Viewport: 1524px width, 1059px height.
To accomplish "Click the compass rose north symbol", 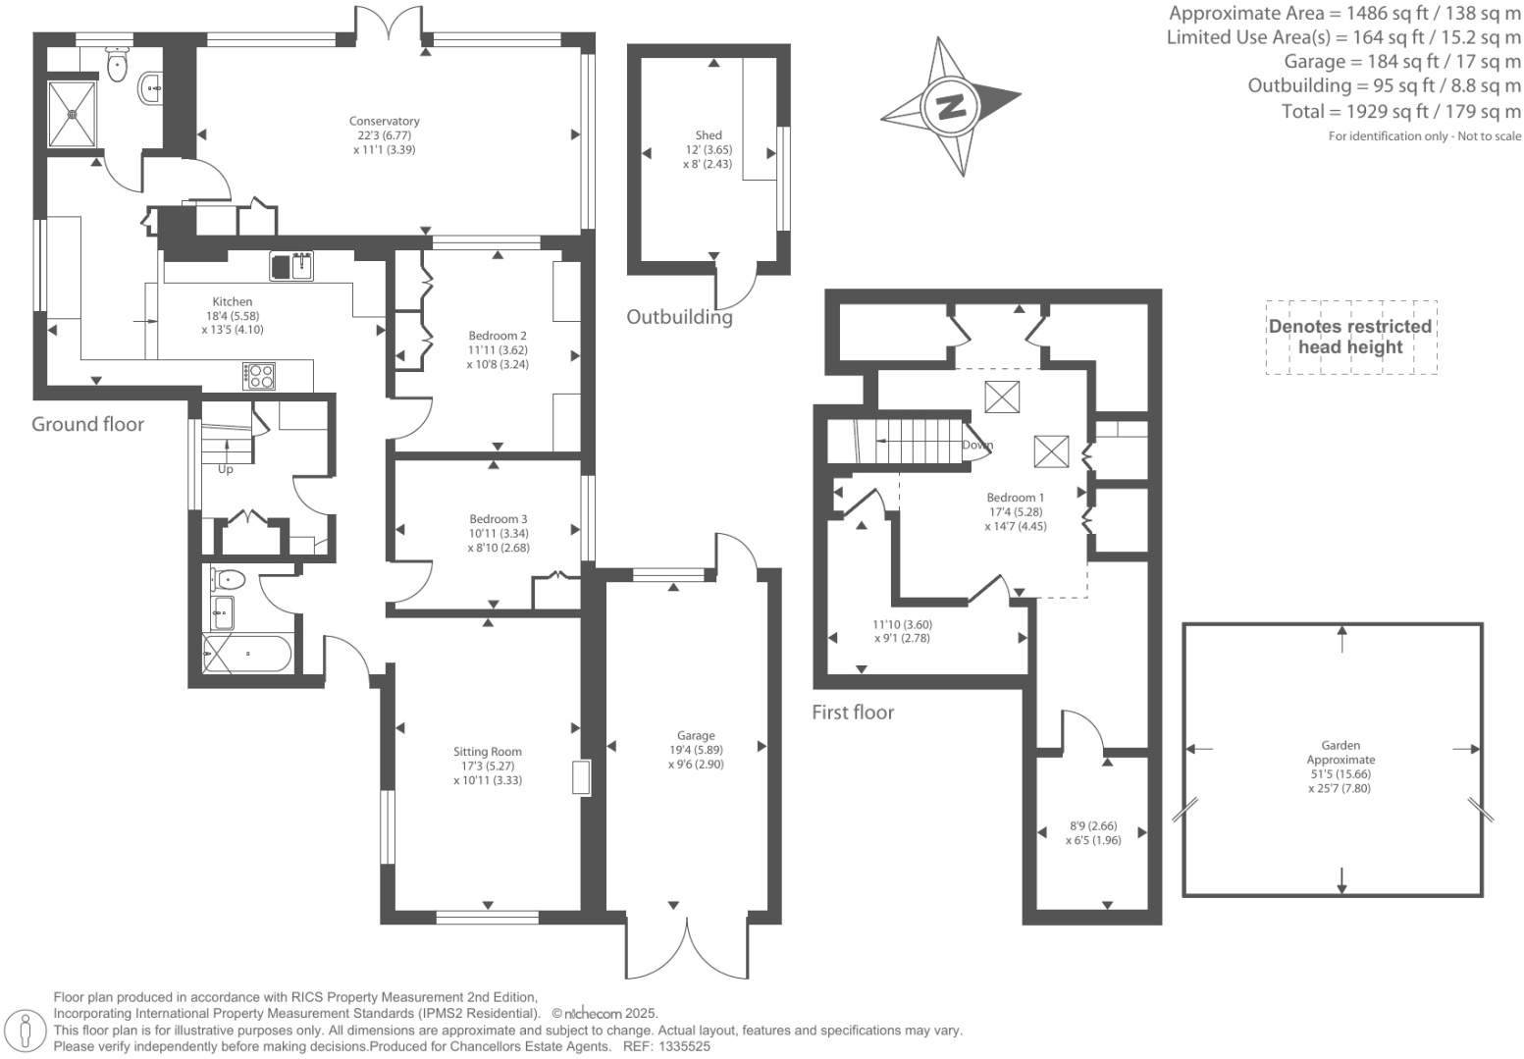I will coord(951,105).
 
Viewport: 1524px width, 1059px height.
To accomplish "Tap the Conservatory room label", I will coord(384,122).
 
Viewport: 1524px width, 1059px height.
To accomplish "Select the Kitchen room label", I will coord(233,302).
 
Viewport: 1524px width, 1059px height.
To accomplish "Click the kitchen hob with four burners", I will coord(259,376).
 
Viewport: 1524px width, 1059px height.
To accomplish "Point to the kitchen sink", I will coord(291,266).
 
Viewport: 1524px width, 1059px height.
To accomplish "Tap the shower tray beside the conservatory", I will coord(73,113).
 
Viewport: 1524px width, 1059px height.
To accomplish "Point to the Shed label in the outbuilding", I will coord(709,135).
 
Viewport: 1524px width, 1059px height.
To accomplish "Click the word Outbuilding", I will coord(679,317).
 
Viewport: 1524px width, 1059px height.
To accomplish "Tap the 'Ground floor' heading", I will coord(87,424).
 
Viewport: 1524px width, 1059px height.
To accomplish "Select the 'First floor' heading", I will coord(852,713).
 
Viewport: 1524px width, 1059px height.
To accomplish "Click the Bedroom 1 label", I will coord(1016,498).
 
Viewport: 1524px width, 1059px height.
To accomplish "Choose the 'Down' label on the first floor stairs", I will coord(977,445).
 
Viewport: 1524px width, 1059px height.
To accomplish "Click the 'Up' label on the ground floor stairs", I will coord(226,469).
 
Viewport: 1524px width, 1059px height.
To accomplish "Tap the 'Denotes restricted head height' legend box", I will coord(1350,337).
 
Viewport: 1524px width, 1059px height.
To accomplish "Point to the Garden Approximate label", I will coord(1340,752).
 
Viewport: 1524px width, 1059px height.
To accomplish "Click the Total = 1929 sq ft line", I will coord(1400,111).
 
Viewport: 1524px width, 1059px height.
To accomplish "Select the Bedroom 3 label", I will coord(498,519).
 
